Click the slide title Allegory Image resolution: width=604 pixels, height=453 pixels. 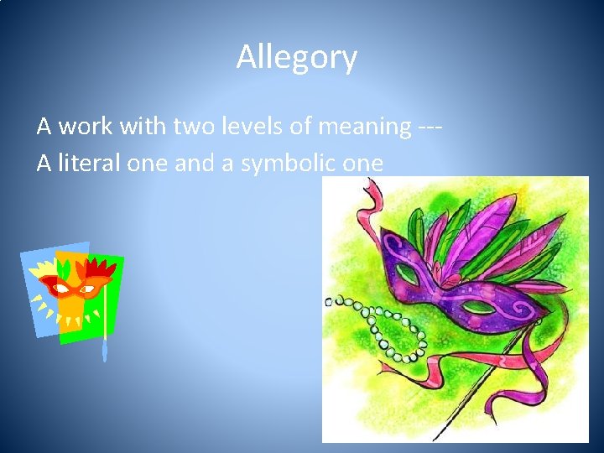(296, 58)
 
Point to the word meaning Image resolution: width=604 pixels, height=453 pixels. (367, 127)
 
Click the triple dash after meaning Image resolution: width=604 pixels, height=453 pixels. (429, 127)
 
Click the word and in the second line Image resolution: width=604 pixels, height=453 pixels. (194, 163)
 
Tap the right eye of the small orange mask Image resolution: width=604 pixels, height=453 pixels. (88, 286)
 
